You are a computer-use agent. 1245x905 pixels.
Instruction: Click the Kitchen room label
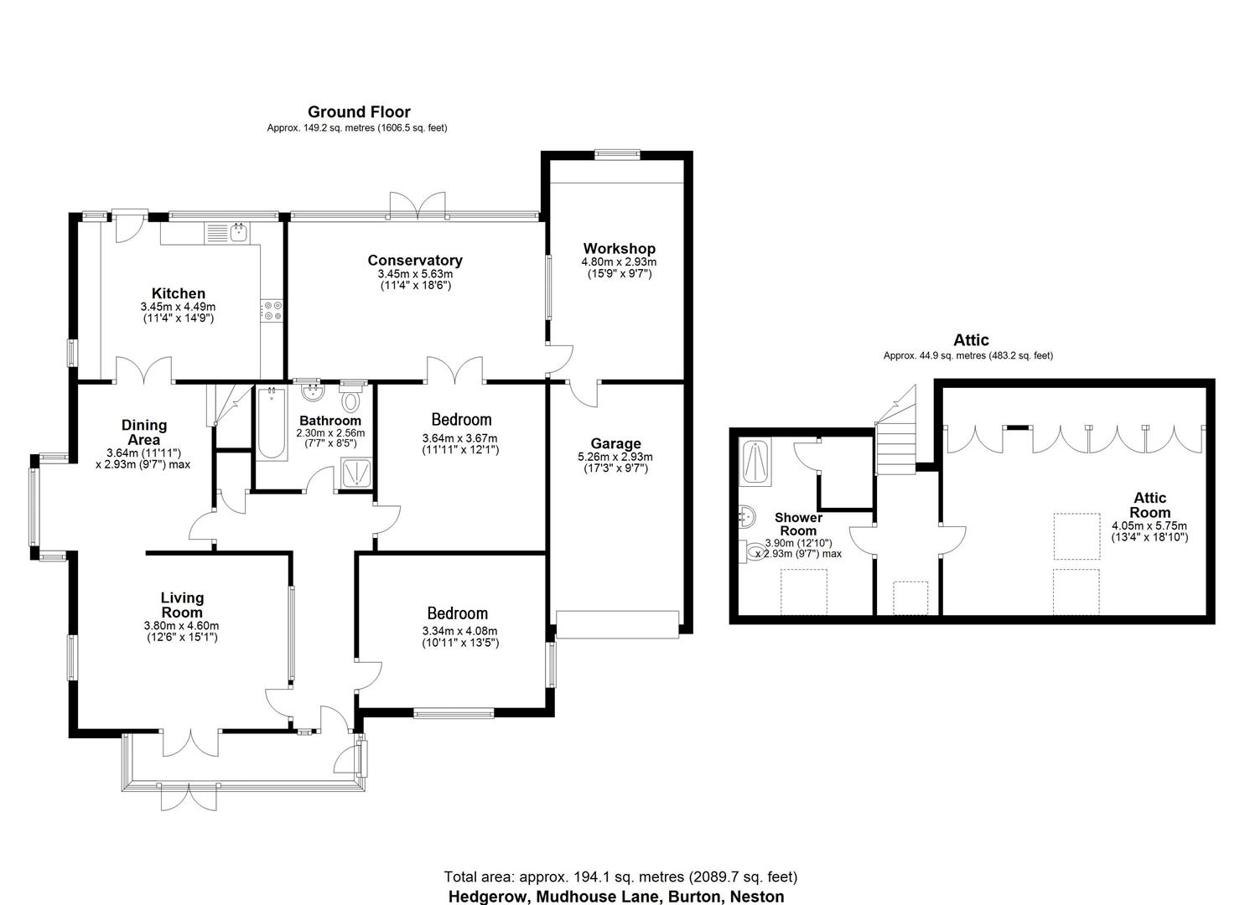[178, 293]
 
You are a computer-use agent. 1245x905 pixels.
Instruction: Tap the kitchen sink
[239, 231]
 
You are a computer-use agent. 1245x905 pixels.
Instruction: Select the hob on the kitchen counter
[273, 311]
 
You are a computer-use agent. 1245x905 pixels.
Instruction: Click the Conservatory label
[414, 260]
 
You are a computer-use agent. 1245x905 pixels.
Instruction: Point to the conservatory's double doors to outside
[418, 206]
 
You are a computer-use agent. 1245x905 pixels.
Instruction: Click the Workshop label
[619, 248]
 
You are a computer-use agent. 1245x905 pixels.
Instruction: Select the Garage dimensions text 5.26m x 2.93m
[615, 457]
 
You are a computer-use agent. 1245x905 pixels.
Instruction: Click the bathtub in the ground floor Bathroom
[270, 423]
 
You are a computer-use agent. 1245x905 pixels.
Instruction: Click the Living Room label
[182, 604]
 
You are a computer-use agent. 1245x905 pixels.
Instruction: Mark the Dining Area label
[144, 432]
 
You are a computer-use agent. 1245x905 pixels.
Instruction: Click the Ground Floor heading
[359, 111]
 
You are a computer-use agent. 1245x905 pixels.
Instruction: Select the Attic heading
[971, 339]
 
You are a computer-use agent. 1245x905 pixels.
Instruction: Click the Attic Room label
[1149, 505]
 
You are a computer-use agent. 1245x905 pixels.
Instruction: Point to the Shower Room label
[798, 524]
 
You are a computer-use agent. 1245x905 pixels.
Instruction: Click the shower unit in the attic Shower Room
[756, 463]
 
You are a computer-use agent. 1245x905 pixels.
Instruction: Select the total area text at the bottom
[620, 877]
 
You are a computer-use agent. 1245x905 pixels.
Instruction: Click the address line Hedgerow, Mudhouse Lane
[616, 897]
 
